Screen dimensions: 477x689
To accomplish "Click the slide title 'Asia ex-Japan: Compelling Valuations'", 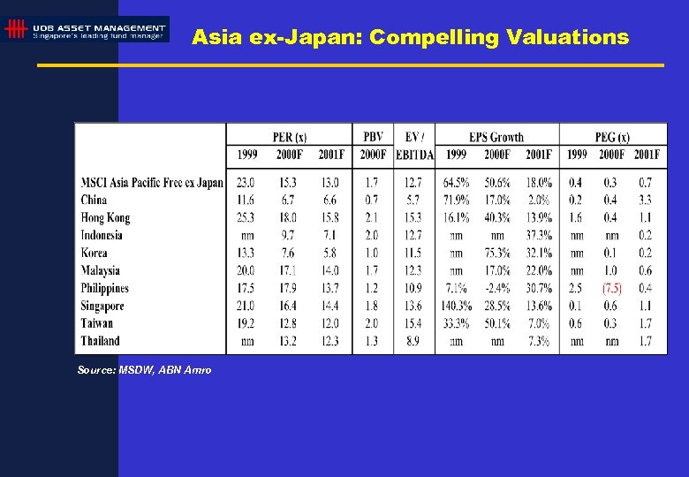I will (x=410, y=37).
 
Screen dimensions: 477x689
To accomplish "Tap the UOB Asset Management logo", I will (x=86, y=30).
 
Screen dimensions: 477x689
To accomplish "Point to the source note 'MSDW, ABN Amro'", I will (x=144, y=370).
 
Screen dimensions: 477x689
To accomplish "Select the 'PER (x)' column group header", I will (x=289, y=137).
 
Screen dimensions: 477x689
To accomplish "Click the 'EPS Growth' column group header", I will (x=496, y=137).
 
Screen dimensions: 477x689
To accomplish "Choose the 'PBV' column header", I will (x=373, y=137).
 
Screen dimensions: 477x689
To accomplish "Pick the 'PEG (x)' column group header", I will (x=613, y=137).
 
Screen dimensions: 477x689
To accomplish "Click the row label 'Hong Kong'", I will (x=105, y=217).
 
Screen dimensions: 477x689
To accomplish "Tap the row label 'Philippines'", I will (x=104, y=288).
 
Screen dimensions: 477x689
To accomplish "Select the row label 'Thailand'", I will (x=100, y=341).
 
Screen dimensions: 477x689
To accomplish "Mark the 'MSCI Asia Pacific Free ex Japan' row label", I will (x=152, y=183).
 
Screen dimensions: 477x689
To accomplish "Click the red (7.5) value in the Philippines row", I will (x=611, y=288).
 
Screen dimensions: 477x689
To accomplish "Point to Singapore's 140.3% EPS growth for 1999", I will (x=456, y=306).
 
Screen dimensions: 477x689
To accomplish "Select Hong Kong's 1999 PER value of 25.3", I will (x=246, y=217).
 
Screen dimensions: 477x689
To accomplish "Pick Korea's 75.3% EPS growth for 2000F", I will (x=498, y=253).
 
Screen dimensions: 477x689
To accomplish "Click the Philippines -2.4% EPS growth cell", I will (x=497, y=288).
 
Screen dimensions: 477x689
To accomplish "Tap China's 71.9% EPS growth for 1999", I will (x=456, y=200).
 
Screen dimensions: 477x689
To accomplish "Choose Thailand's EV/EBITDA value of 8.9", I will (x=413, y=341).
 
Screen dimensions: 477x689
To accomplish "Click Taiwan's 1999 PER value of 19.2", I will (x=246, y=323).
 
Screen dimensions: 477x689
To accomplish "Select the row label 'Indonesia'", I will (x=102, y=235).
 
